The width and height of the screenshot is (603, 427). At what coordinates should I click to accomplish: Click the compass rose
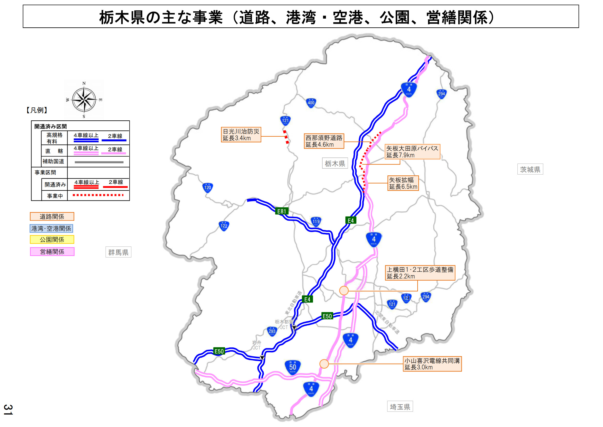click(84, 100)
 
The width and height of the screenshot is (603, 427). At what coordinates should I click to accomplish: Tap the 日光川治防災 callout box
click(241, 135)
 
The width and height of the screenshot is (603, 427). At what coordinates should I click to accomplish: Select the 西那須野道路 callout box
click(324, 141)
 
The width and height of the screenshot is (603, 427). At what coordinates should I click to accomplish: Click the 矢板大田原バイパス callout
click(412, 152)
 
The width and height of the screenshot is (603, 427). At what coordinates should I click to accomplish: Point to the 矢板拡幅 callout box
click(403, 183)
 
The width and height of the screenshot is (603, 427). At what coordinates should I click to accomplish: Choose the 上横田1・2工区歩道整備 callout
click(420, 273)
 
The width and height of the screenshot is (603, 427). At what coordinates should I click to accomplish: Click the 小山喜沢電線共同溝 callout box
click(432, 364)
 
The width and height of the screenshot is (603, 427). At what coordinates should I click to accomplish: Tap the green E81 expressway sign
click(282, 211)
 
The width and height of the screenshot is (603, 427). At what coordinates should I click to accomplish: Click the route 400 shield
click(311, 103)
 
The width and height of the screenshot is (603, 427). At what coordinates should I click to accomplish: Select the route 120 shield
click(208, 188)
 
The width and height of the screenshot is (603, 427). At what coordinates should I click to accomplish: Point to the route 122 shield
click(224, 226)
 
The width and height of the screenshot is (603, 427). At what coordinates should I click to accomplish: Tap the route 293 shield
click(272, 331)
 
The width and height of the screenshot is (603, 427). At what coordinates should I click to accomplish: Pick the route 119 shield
click(316, 222)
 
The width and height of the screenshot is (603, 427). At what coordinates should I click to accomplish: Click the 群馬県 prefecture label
click(118, 252)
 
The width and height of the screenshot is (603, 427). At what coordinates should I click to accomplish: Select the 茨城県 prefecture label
click(530, 169)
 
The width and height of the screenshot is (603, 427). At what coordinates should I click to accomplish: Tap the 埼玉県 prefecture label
click(400, 407)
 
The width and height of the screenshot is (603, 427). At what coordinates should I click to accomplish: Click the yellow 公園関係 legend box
click(52, 240)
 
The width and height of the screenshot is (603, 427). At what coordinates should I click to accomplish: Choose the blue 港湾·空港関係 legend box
click(51, 228)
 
